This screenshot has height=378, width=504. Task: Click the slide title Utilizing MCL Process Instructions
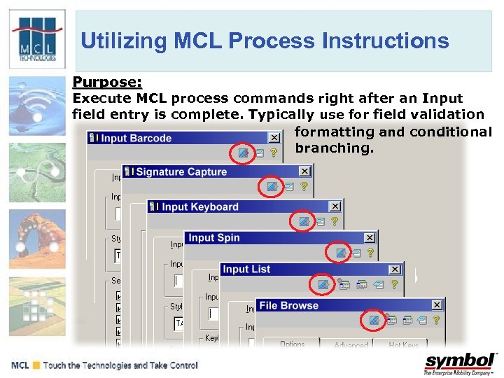point(265,41)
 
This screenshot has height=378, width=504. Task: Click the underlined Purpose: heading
point(107,83)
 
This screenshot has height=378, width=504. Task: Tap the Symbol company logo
point(459,363)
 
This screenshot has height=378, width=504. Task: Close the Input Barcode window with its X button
point(274,139)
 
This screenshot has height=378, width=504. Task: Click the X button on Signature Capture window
point(304,171)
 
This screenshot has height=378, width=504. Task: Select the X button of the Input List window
point(395,269)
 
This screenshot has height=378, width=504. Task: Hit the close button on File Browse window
point(437,305)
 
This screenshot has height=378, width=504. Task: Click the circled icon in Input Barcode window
point(243,152)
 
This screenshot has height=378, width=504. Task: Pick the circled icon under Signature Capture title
point(271,186)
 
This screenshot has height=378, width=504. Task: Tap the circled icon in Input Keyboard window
point(304,220)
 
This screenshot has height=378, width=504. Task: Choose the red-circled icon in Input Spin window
point(340,252)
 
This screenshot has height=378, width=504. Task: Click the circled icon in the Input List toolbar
point(323,284)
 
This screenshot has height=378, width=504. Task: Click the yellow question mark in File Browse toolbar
point(436,320)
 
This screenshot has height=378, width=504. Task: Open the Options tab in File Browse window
point(292,344)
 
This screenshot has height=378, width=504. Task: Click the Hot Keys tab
point(404,344)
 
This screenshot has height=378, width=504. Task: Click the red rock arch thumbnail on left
point(37,234)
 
